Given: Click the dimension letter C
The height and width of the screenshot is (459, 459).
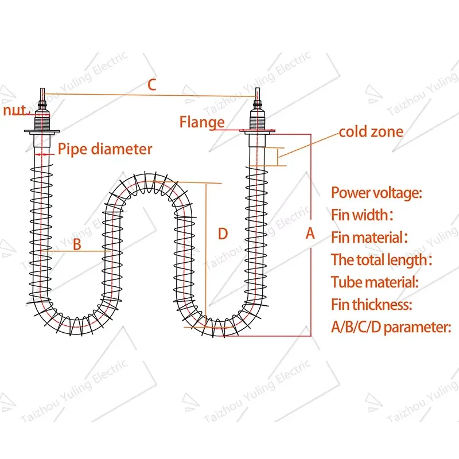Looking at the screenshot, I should click(151, 85).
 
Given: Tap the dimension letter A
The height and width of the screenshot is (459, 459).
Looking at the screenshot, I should click(310, 234).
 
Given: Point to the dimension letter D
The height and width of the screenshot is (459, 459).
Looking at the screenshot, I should click(223, 234).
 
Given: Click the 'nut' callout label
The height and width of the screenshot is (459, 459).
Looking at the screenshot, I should click(14, 110).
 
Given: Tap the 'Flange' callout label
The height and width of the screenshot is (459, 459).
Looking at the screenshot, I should click(202, 122).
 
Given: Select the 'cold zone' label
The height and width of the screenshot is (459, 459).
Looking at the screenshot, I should click(371, 132).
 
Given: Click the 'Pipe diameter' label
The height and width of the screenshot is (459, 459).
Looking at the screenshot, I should click(105, 149).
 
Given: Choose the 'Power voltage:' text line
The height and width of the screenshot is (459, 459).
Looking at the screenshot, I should click(376, 193).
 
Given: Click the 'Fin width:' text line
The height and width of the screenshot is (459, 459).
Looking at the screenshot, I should click(362, 215).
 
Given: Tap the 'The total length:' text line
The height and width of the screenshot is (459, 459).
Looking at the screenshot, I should click(381, 259).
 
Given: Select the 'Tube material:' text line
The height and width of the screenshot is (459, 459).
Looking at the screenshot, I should click(375, 282).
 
